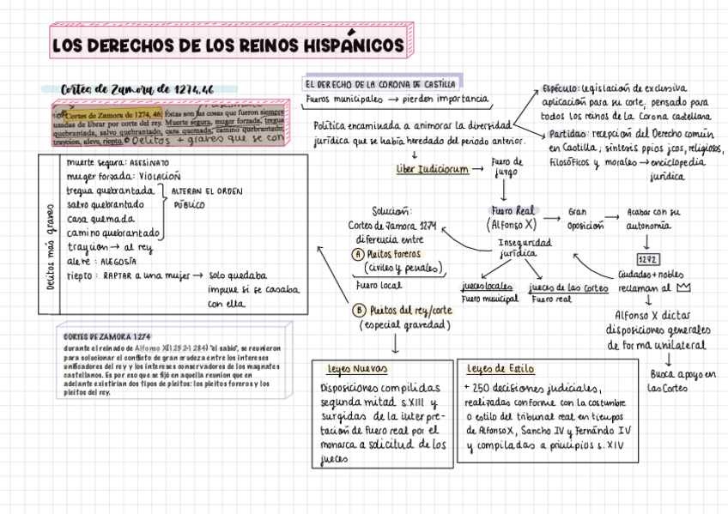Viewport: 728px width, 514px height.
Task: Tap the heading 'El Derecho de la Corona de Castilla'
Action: pos(379,84)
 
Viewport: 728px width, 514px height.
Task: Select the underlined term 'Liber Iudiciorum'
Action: pos(432,169)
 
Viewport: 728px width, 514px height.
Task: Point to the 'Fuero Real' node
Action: pos(513,210)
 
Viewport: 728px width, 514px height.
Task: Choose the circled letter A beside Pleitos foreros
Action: pos(358,254)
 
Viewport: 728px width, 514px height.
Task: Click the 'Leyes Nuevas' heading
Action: pos(358,369)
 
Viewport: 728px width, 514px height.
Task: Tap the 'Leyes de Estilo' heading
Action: pos(500,369)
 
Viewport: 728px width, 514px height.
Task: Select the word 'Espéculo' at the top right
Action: pos(561,88)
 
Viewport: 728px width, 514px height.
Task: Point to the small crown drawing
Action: pos(684,288)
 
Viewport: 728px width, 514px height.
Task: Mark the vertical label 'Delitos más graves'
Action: pos(52,247)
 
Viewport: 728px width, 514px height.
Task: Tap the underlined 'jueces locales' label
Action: pos(487,287)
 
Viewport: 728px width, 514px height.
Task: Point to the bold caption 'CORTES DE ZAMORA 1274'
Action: pos(107,337)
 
